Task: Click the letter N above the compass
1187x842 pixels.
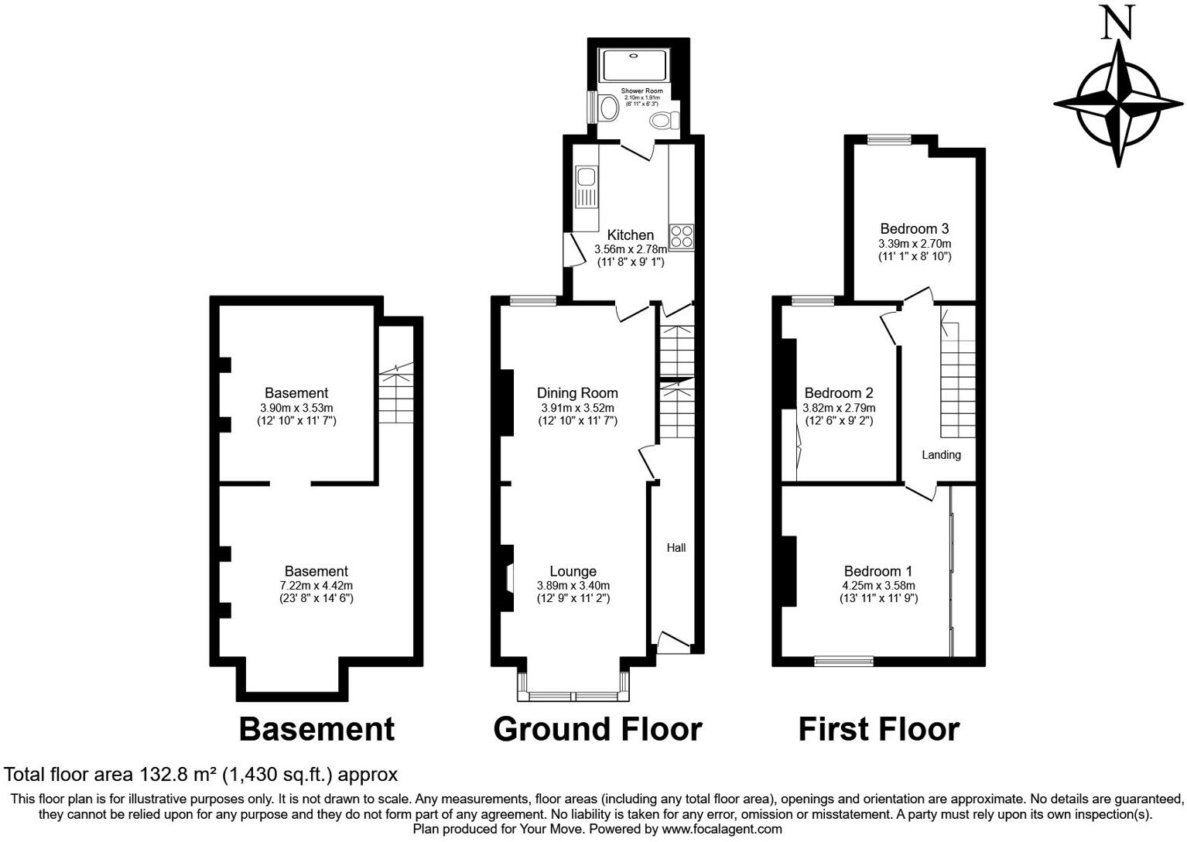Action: click(1117, 22)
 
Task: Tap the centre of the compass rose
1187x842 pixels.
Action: click(1118, 104)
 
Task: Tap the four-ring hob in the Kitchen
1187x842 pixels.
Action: click(682, 236)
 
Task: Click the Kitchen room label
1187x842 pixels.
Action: click(630, 234)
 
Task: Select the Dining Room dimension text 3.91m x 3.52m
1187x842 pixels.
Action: click(577, 408)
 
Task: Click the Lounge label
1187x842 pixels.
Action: click(573, 571)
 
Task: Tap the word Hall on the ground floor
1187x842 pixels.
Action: click(676, 548)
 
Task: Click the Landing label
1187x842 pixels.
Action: click(941, 455)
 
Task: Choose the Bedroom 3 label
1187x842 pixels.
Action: click(914, 228)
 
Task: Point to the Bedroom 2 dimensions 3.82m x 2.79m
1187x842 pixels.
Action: click(839, 408)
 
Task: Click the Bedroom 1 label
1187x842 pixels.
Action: click(878, 571)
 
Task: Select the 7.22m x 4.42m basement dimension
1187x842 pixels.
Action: click(316, 586)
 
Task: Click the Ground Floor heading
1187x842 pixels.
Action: click(597, 729)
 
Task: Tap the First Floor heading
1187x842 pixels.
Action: click(878, 729)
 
